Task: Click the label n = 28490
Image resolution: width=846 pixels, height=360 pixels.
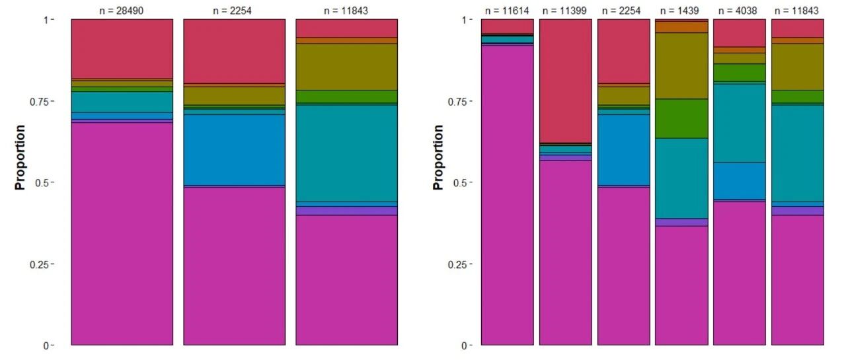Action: tap(121, 11)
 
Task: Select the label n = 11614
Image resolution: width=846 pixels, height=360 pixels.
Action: tap(507, 11)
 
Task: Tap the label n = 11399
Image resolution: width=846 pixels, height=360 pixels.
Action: tap(564, 11)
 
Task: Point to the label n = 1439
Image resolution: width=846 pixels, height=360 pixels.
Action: tap(681, 11)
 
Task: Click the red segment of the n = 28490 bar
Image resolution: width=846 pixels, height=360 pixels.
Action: tap(122, 49)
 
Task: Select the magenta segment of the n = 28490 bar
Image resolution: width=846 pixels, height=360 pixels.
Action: tap(122, 234)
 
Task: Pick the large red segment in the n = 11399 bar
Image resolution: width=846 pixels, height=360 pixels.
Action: tap(565, 81)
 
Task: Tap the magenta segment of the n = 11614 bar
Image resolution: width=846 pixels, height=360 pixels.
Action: tap(507, 196)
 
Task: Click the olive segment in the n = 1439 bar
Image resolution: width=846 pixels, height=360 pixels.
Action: tap(681, 66)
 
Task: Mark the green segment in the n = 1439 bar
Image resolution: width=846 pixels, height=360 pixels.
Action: tap(681, 119)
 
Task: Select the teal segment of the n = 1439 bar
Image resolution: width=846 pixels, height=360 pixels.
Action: tap(681, 178)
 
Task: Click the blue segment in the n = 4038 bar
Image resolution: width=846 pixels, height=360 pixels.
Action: tap(740, 181)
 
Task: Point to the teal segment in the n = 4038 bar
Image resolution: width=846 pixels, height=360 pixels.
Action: tap(740, 124)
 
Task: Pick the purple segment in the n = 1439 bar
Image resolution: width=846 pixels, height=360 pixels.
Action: tap(681, 222)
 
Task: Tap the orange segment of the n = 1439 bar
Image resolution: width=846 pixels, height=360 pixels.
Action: tap(681, 27)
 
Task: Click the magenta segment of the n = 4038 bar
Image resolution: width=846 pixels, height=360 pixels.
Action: tap(740, 273)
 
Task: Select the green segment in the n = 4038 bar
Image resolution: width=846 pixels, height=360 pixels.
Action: tap(740, 73)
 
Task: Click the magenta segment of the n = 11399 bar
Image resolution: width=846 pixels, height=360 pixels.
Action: tap(565, 253)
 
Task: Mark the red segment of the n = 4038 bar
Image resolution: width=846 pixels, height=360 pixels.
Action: tap(740, 33)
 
